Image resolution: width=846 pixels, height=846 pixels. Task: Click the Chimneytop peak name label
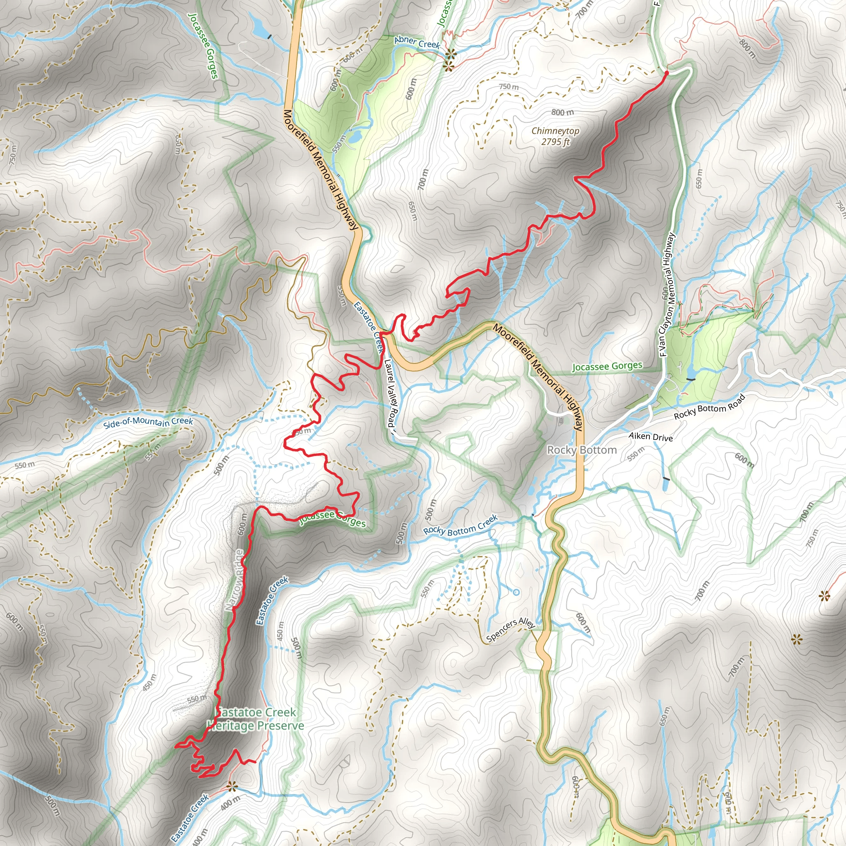pos(555,131)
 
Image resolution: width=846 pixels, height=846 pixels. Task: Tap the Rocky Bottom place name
pos(582,450)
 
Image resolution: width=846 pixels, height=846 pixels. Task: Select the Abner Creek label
pos(417,42)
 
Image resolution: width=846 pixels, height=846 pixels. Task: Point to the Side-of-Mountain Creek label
pos(148,423)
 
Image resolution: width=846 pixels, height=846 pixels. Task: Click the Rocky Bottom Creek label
pos(460,525)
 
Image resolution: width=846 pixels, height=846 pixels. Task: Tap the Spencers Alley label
pos(511,629)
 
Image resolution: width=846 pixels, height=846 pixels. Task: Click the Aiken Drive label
pos(650,437)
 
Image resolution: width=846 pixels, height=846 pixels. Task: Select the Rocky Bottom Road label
pos(709,407)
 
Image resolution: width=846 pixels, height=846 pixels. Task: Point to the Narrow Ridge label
pos(235,580)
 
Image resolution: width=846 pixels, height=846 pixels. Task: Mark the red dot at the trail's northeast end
pos(666,73)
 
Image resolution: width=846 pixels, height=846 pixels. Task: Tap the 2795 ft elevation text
pos(555,142)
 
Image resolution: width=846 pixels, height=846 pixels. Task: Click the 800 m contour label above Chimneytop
pos(562,112)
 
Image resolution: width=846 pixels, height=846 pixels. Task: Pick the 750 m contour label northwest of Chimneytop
pos(509,87)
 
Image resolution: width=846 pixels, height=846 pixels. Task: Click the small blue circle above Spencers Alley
pos(516,592)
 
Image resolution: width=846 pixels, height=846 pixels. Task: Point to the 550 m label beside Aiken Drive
pos(636,454)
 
